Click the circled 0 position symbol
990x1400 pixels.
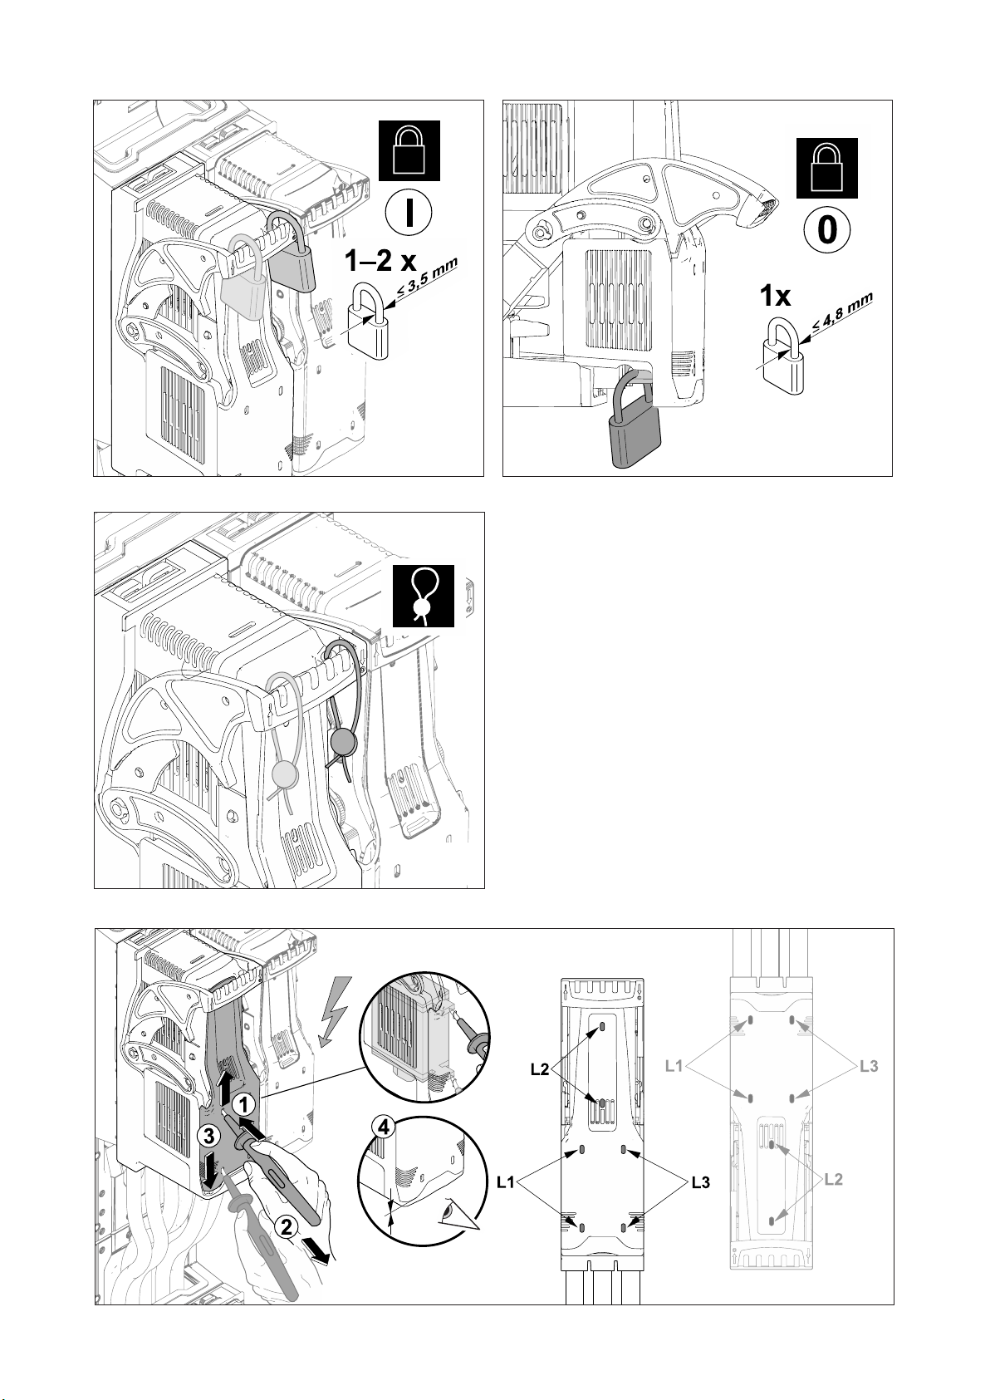tap(827, 231)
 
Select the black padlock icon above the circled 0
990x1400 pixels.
tap(826, 169)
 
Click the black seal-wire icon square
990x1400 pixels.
tap(423, 595)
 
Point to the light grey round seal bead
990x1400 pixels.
tap(285, 774)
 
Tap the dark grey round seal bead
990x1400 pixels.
tap(341, 739)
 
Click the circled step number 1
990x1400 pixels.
tap(243, 1104)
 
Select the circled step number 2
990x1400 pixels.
tap(286, 1226)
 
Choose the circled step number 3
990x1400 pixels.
tap(209, 1135)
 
